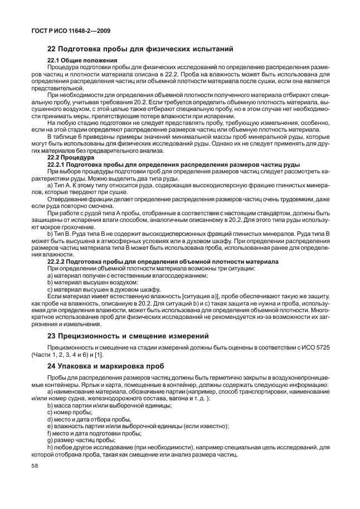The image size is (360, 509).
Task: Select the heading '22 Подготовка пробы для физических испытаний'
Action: click(139, 49)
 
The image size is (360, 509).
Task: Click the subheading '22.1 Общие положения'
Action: click(82, 60)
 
